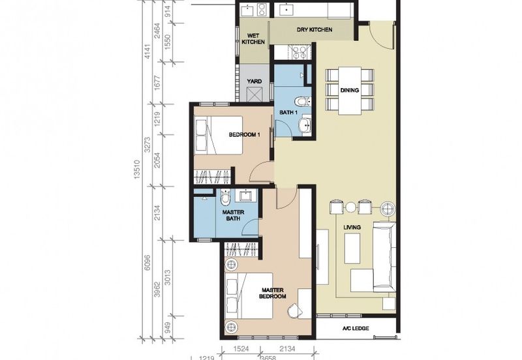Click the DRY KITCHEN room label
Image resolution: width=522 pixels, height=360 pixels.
(315, 29)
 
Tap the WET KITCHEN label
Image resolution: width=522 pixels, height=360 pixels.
(253, 39)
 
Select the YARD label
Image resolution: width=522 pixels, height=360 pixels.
(254, 81)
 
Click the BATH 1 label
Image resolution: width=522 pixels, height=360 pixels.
(288, 112)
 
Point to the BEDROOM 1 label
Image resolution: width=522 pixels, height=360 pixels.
(244, 135)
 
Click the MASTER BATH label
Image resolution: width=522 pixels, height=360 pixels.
(233, 215)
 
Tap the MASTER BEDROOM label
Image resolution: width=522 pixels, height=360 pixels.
(273, 293)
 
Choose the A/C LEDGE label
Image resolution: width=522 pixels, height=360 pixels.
(356, 329)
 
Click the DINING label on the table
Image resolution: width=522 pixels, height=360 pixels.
(350, 90)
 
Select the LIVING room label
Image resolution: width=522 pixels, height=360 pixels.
(352, 227)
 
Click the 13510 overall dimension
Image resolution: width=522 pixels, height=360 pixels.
(136, 170)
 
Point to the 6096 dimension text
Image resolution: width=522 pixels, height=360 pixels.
(147, 263)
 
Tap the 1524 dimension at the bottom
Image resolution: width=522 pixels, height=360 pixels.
(241, 349)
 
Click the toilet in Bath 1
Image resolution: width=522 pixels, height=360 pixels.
(303, 101)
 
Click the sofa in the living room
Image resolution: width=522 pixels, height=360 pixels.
(384, 256)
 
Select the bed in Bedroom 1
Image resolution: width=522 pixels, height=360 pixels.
(219, 135)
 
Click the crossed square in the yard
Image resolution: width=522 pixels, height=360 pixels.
(255, 94)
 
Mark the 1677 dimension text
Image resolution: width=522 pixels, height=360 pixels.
(157, 83)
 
